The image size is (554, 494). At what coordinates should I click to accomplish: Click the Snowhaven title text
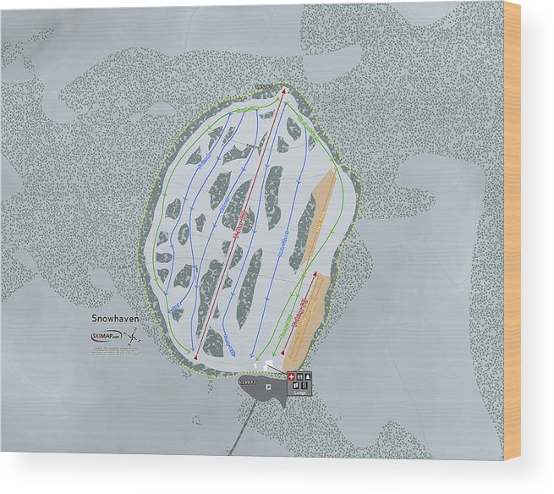[x=114, y=319]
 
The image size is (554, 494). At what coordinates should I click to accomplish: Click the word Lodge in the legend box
[x=300, y=392]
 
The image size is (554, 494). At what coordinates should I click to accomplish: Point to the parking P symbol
[x=267, y=387]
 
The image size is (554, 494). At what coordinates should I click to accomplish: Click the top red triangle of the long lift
[x=283, y=91]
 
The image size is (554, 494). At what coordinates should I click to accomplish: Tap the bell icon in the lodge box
[x=307, y=376]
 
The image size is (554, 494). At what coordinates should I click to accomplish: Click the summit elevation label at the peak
[x=264, y=85]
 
